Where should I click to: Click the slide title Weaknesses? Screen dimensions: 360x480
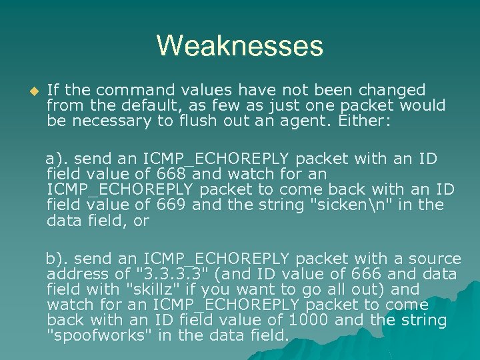click(x=240, y=46)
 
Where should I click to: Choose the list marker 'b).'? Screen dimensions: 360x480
click(x=57, y=259)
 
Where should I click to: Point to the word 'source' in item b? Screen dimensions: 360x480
click(x=433, y=259)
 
